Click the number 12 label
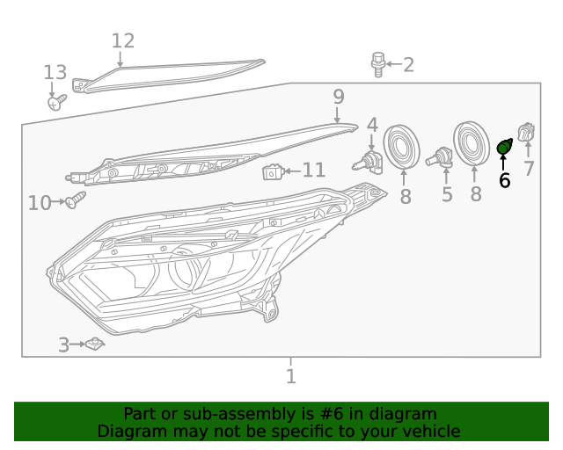[123, 40]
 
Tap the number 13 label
[55, 72]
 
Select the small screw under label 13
[55, 103]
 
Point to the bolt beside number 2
[378, 64]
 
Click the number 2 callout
[408, 64]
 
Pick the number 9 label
[338, 97]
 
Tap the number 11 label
[314, 170]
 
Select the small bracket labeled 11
[273, 171]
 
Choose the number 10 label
[40, 204]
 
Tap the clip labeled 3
[95, 344]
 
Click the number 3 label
[63, 345]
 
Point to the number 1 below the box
[291, 377]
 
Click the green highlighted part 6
[504, 147]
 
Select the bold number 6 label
[504, 181]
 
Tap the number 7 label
[528, 170]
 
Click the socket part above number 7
[527, 133]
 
